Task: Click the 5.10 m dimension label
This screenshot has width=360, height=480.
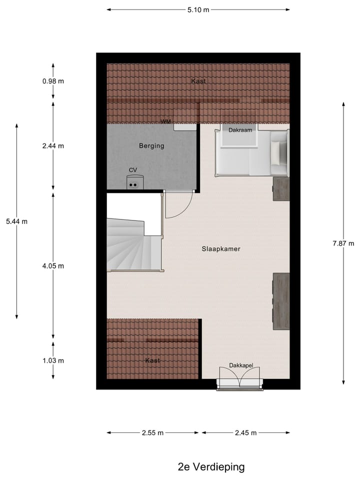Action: (198, 9)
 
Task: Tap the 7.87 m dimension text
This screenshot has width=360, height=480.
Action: (343, 243)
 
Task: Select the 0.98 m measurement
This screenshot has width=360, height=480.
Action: (53, 81)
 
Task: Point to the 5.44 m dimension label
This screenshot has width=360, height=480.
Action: (16, 221)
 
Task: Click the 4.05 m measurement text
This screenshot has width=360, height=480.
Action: (53, 265)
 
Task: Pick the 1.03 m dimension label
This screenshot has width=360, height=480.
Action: (53, 360)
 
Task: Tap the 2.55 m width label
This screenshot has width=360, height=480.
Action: (153, 433)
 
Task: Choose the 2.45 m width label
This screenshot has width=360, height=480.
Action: (245, 433)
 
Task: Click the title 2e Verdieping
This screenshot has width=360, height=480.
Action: (211, 467)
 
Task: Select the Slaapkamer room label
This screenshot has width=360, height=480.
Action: (221, 248)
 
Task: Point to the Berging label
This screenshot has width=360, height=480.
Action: (151, 146)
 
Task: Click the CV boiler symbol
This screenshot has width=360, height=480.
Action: (133, 182)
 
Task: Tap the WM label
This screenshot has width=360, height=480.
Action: (165, 121)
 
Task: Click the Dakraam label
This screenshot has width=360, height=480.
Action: (239, 130)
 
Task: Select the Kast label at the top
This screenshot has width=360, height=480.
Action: (198, 81)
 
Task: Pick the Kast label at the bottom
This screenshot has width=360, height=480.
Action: (152, 360)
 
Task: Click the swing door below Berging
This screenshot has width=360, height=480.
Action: (178, 205)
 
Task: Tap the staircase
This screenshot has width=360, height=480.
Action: (132, 245)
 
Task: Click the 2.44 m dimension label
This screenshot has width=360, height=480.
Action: (53, 146)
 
